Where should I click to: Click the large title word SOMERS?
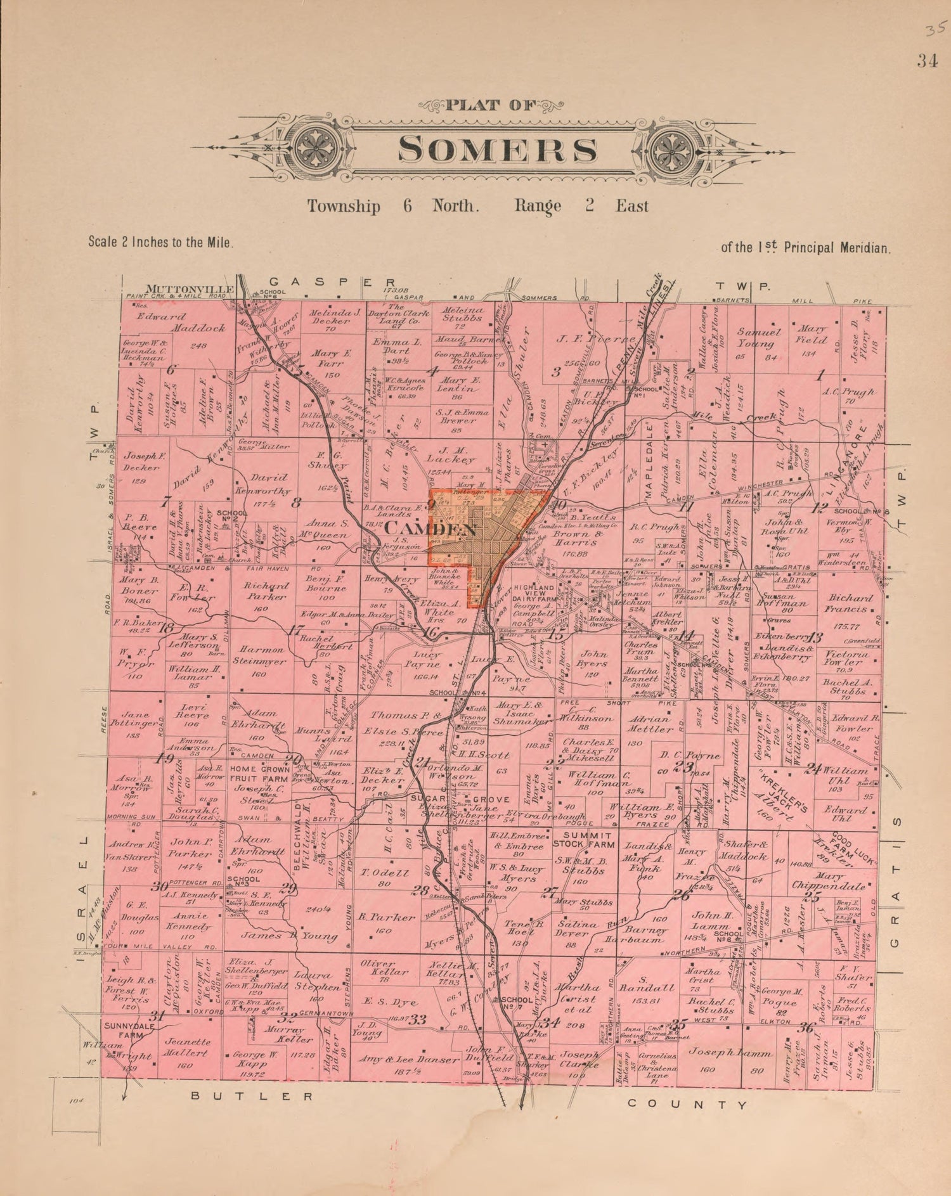(x=497, y=150)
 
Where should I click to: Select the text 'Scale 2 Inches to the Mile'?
(x=162, y=241)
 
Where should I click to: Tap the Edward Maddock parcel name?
(x=182, y=322)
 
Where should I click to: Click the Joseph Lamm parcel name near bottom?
(x=730, y=1053)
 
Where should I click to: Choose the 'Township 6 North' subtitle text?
(x=391, y=207)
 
